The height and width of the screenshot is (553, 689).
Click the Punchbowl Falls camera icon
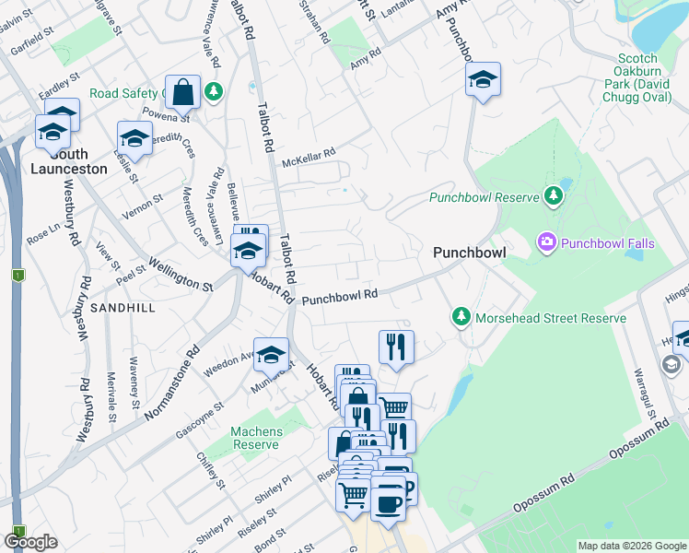[547, 242]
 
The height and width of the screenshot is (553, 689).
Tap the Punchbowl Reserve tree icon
[553, 195]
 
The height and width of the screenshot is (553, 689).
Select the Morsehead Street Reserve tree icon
[461, 317]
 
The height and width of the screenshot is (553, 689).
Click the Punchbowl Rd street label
[341, 297]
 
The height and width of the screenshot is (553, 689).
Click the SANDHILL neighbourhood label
[123, 308]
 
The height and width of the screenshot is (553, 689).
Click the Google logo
[30, 541]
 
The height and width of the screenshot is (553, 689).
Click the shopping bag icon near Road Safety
[184, 91]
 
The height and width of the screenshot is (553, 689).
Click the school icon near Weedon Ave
[272, 354]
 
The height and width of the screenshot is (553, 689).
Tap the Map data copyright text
[632, 546]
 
